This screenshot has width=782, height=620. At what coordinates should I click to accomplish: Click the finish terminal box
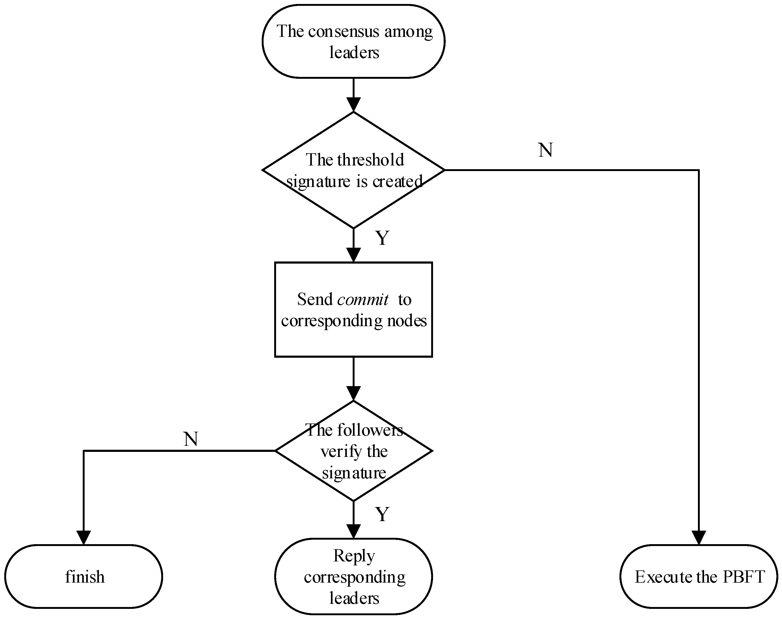click(x=84, y=577)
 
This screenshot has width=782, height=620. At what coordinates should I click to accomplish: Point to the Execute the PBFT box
click(x=698, y=577)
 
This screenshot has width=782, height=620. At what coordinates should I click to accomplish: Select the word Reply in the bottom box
click(x=354, y=556)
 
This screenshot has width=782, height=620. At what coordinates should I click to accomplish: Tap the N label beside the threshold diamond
click(x=545, y=150)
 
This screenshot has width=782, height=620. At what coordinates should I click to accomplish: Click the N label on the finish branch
click(x=191, y=439)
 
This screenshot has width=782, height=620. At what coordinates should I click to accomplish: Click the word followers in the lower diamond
click(x=370, y=431)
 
